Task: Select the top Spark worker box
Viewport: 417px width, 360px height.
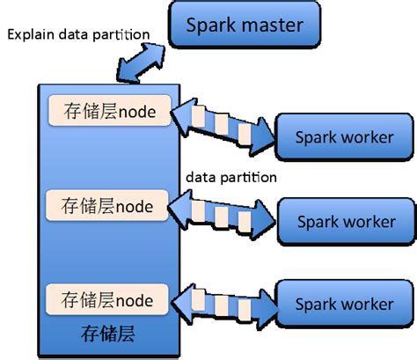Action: pos(344,136)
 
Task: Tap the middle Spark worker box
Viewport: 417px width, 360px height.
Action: pos(344,221)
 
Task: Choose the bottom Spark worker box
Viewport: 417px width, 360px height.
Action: pos(344,304)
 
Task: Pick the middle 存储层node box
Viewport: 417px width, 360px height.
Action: pos(109,207)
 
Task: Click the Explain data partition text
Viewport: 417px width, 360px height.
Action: pos(78,34)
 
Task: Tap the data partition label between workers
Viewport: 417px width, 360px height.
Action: pos(231,177)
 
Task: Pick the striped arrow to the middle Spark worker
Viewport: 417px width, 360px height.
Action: pos(224,212)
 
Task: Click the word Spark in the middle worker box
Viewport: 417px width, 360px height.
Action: pos(317,221)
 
